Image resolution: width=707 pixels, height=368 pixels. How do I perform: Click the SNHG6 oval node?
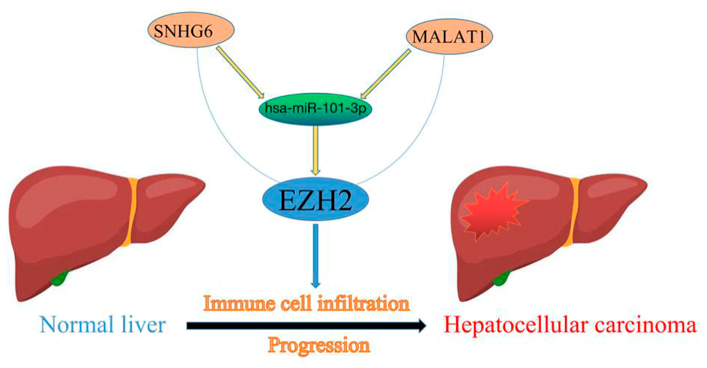tap(191, 30)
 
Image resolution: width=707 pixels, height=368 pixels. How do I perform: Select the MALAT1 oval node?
tap(449, 37)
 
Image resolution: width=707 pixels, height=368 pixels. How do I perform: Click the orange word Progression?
tap(319, 346)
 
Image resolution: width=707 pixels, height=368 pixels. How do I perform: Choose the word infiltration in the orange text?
tap(363, 304)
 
